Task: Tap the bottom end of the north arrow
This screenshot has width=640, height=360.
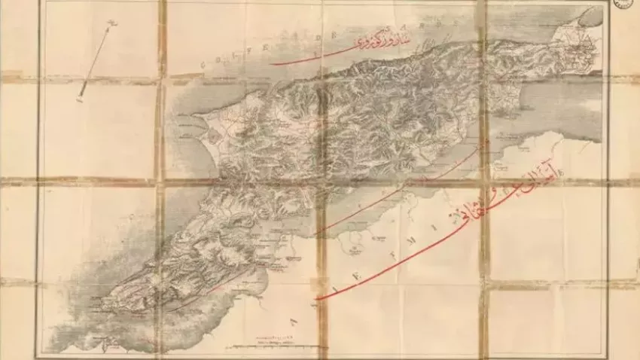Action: point(81,100)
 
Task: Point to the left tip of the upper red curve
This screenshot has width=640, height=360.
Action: point(272,64)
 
